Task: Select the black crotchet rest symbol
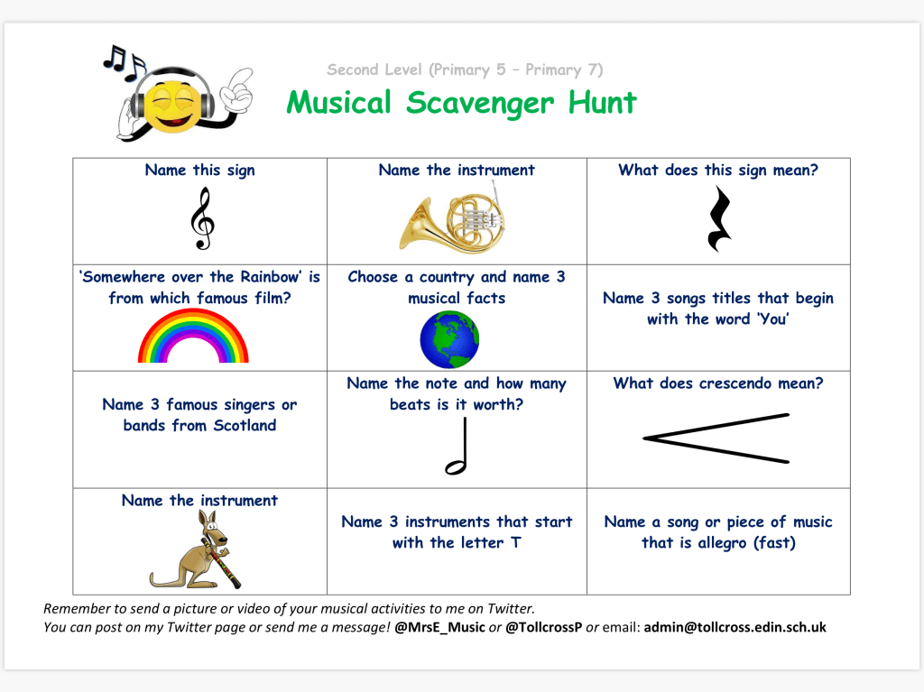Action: (718, 218)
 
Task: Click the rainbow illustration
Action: (193, 338)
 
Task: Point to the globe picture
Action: (449, 338)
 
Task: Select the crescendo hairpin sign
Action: (716, 438)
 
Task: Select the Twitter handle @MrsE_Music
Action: (439, 627)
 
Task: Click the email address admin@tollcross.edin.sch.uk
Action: (735, 627)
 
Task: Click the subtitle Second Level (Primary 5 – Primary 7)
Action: (465, 69)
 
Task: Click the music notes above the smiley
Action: (123, 60)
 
